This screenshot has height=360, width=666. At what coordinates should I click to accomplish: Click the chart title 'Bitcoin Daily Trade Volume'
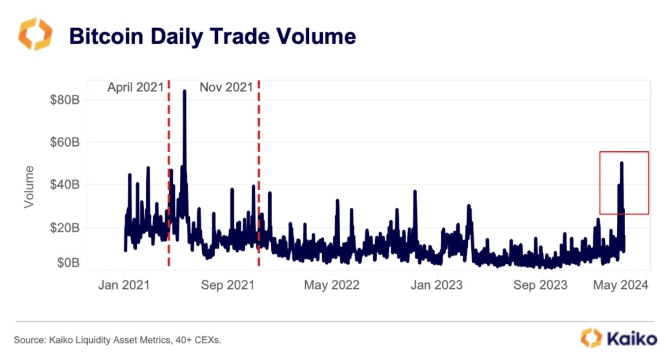213,36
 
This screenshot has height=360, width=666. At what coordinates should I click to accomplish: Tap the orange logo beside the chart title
35,34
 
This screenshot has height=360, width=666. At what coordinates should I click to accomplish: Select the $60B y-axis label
65,142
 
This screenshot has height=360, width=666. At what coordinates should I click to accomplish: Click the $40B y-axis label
65,185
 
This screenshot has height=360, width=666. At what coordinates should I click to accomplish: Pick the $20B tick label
65,228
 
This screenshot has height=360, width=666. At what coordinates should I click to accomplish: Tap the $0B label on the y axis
68,263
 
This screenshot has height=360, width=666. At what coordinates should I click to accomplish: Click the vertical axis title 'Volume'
29,187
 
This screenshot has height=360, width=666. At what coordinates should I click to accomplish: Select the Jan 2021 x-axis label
124,285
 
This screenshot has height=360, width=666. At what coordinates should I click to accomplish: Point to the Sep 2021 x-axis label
228,285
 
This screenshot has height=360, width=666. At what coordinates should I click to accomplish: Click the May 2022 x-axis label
332,285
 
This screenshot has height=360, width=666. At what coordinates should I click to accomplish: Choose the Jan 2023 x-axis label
436,285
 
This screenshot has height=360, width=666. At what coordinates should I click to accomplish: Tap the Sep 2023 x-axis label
541,285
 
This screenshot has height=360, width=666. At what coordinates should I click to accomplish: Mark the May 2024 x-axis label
620,285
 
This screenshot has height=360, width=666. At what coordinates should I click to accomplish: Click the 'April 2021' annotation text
135,87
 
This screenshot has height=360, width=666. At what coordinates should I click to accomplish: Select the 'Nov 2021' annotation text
226,87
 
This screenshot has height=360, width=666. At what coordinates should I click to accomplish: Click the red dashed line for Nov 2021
259,179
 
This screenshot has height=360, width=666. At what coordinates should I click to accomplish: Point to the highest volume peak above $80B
184,91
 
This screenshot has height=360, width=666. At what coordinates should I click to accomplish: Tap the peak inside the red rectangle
622,163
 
